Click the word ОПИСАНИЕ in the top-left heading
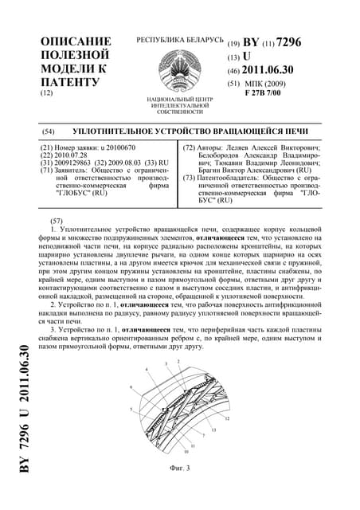(x=75, y=41)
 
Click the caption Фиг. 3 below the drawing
(x=179, y=467)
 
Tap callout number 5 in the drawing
(x=131, y=409)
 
